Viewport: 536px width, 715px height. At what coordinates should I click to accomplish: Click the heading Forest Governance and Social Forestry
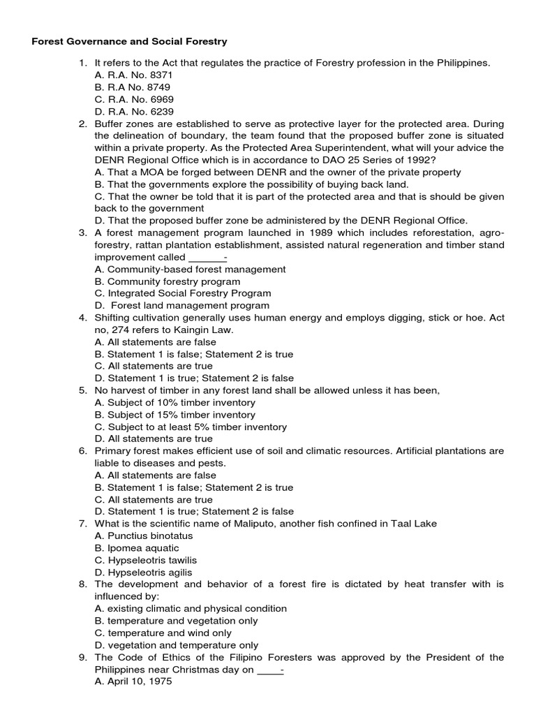(x=130, y=42)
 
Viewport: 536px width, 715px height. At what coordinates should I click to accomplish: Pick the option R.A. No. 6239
(x=135, y=112)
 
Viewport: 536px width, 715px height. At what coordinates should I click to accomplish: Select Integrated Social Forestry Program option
(x=182, y=293)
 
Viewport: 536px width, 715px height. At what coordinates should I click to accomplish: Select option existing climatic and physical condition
(x=191, y=609)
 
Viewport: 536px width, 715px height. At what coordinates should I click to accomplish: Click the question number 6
(x=82, y=451)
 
